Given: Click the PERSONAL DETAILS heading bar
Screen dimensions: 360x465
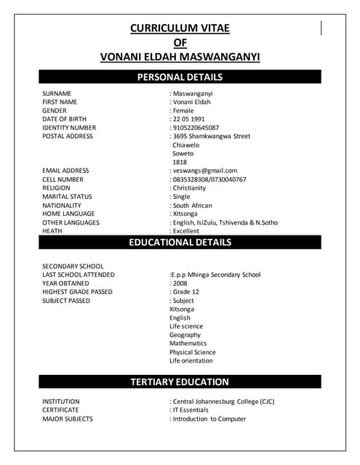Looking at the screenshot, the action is pos(180,77).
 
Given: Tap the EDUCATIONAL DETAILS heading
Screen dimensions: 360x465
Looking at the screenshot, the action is pos(180,242).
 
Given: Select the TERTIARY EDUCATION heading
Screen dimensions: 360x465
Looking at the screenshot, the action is pos(180,381).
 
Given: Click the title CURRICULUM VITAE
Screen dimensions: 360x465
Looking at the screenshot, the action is pos(180,28).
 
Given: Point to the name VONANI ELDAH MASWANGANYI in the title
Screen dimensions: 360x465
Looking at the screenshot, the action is pos(180,57).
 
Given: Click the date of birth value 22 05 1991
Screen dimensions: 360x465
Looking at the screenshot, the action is pos(188,119).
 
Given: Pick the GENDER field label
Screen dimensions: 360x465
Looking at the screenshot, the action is pos(55,110).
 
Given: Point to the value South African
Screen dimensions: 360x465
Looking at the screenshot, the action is pos(192,206).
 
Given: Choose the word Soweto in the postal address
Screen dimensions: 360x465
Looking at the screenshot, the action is pos(183,153).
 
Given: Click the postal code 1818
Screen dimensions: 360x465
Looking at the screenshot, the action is pos(179,162).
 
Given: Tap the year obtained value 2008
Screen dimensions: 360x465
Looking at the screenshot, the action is pos(180,283).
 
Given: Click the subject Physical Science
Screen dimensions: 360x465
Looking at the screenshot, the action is pos(192,352).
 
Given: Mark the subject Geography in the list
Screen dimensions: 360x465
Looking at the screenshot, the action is pos(185,335).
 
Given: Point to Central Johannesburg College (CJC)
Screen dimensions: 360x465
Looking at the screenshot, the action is pos(223,401).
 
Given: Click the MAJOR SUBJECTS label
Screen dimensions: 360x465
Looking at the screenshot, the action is pos(67,418).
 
